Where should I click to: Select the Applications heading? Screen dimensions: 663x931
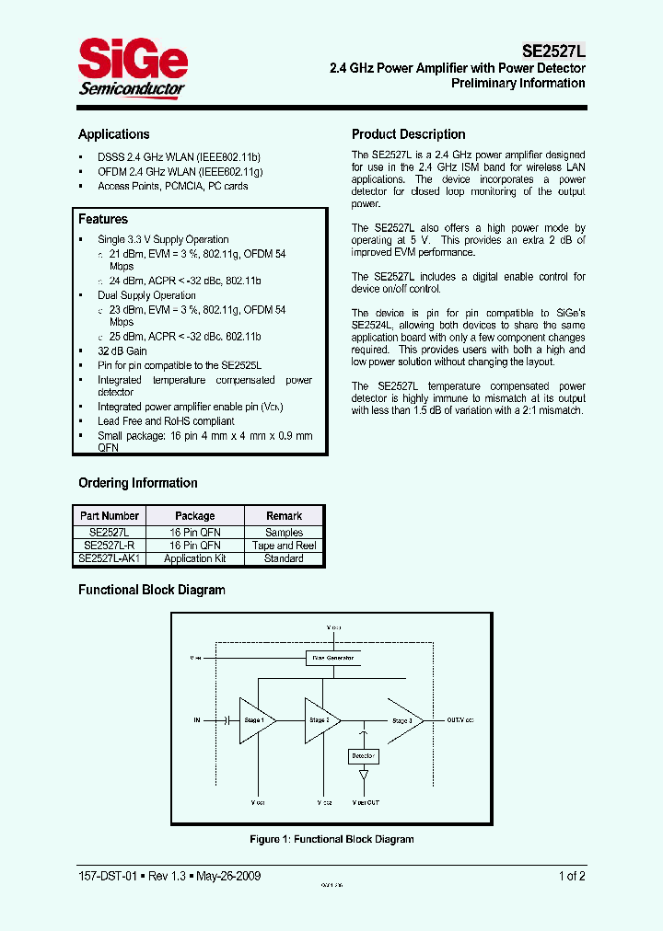tap(113, 134)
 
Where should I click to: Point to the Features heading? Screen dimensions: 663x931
tap(103, 219)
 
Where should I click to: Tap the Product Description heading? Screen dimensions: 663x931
tap(409, 134)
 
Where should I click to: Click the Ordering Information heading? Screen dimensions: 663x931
tap(138, 483)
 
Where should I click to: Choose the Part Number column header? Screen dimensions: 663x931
tap(110, 516)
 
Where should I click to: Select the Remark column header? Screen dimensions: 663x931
tap(284, 516)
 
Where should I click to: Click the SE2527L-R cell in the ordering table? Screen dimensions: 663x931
tap(110, 546)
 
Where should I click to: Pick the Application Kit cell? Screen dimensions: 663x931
tap(194, 558)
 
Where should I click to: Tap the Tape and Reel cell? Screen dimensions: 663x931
tap(284, 546)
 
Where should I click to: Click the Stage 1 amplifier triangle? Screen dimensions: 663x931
tap(256, 720)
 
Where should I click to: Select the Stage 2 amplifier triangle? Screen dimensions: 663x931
tap(321, 720)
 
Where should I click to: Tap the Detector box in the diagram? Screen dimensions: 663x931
tap(363, 756)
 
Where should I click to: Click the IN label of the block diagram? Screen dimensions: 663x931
tap(197, 720)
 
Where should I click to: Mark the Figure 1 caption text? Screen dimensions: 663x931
tap(331, 839)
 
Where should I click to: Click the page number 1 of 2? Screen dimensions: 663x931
tap(572, 876)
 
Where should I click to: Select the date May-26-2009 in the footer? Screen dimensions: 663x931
tap(225, 876)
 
